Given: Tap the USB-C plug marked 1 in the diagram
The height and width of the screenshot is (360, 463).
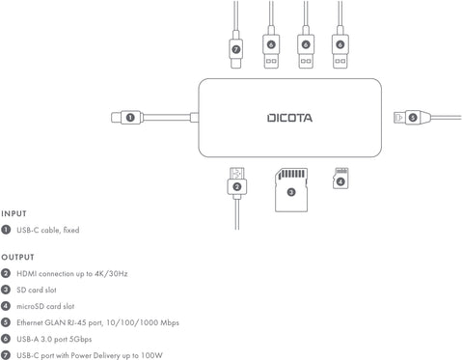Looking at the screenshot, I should tap(117, 118).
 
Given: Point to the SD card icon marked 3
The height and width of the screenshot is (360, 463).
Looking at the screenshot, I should tap(291, 189).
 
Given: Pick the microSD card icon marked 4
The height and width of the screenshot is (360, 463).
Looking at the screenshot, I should tap(340, 180).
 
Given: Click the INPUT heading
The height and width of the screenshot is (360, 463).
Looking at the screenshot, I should tap(14, 213).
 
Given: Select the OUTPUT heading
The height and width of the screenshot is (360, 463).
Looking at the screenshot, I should tap(17, 258).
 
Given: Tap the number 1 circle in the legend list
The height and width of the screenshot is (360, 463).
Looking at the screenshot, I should tap(6, 230).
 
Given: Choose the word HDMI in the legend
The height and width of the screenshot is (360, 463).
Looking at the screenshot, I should tap(27, 274).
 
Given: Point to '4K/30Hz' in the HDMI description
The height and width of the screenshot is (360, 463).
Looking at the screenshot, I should tap(111, 274).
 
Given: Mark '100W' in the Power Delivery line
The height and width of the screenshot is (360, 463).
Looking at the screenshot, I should tap(143, 353).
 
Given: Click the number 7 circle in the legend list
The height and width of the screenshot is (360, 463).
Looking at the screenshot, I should tap(6, 353).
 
